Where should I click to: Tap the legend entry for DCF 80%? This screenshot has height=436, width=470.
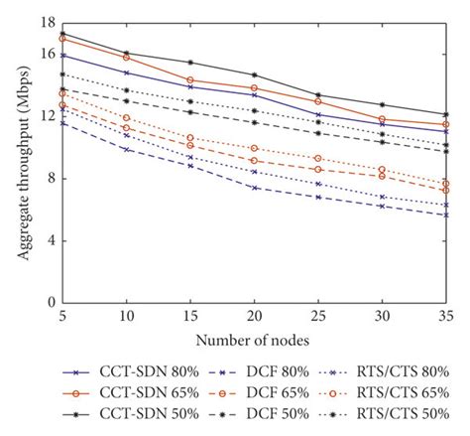pyautogui.click(x=259, y=370)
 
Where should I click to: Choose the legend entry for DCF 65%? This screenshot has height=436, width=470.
pyautogui.click(x=259, y=393)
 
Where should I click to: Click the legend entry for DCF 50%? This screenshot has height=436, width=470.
pyautogui.click(x=259, y=416)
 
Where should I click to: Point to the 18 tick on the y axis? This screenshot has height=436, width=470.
pyautogui.click(x=47, y=22)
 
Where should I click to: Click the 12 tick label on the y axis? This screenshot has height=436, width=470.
pyautogui.click(x=47, y=116)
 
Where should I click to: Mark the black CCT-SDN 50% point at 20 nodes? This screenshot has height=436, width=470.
pyautogui.click(x=255, y=75)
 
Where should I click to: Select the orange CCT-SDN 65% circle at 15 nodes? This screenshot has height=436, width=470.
pyautogui.click(x=190, y=79)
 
